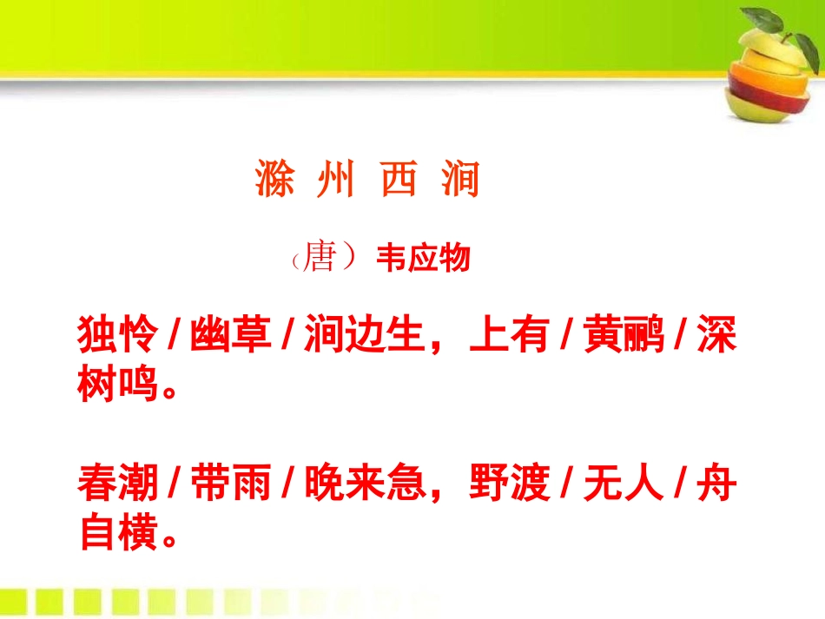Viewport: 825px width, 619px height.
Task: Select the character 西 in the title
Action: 399,180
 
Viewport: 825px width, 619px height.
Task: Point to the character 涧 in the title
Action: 459,180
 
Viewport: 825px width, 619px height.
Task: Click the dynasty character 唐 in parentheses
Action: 320,258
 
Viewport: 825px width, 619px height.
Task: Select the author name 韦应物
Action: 423,259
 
